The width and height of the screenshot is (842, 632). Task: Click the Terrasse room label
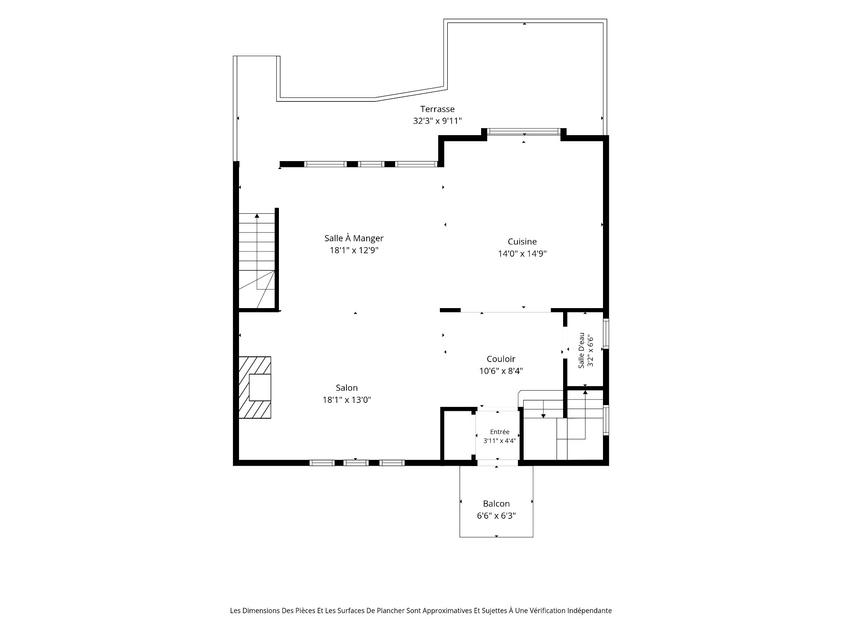pos(437,109)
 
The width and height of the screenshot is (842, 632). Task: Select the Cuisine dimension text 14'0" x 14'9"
pos(522,254)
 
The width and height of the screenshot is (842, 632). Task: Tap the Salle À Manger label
pos(354,238)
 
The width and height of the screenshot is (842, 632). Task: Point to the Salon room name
pos(346,388)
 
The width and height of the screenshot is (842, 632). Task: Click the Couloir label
pos(501,359)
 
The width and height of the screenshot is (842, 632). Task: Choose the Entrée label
pos(499,432)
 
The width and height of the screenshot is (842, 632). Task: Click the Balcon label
pos(496,504)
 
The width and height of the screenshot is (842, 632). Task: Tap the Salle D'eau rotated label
pos(581,351)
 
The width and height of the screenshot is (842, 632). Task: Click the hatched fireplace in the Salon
pos(254,387)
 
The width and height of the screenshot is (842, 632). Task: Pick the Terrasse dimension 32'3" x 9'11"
pos(437,121)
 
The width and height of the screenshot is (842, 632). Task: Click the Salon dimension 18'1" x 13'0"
pos(346,400)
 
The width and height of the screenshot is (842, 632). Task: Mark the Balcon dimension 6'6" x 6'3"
pos(496,516)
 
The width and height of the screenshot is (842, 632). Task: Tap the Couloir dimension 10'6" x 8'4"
pos(501,371)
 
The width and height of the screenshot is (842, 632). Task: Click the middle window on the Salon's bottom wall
pos(356,463)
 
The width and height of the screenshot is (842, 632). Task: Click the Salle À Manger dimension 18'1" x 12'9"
pos(354,251)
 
